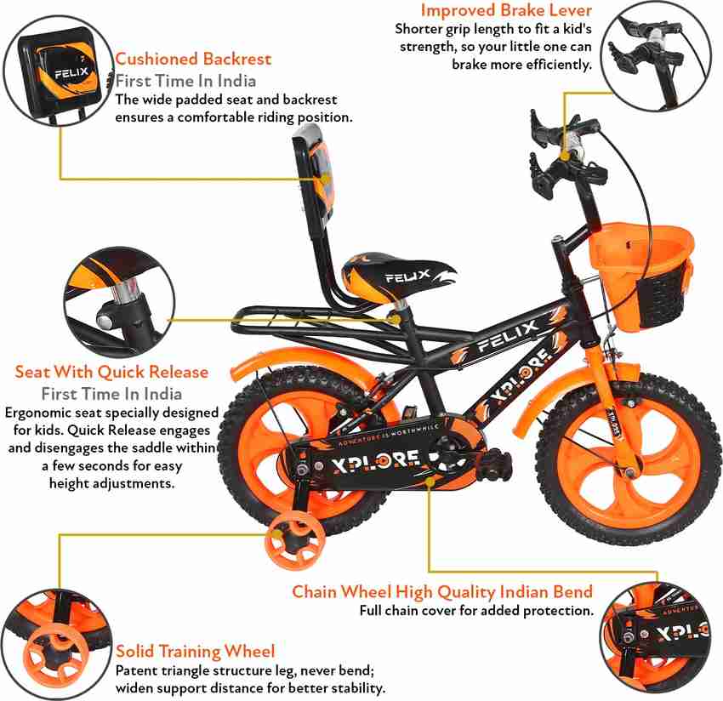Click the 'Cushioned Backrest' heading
193,59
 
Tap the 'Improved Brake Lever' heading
506,10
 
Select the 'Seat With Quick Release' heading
111,372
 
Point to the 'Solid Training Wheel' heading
195,651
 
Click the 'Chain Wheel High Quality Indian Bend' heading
442,592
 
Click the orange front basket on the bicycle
642,275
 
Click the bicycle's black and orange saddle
399,277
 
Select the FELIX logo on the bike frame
507,336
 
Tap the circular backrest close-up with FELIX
59,70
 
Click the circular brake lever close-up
656,55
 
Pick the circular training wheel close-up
56,644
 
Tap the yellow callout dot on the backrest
326,178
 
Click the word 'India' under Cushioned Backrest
236,81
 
